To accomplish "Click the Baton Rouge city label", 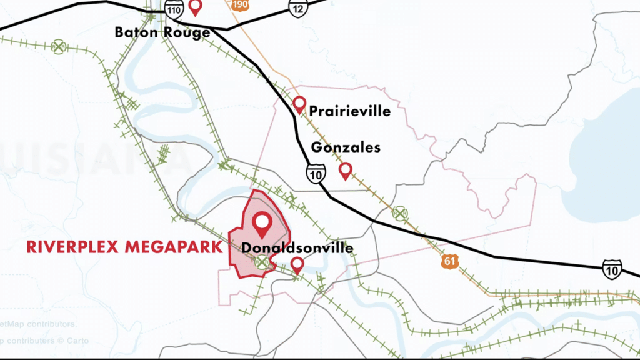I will point(162,32).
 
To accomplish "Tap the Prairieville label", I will point(350,111).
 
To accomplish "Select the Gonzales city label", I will point(346,148).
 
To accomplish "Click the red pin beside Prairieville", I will point(299,104).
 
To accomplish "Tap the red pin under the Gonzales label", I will point(345,171).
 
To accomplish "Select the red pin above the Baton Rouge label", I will point(196,7).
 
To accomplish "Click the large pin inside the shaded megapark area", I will point(261,223).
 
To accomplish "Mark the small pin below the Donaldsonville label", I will point(297,265).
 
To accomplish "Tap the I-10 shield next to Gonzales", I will point(316,174).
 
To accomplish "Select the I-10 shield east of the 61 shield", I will point(612,269).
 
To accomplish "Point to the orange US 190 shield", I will point(239,4).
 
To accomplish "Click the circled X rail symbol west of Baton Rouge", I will point(59,45).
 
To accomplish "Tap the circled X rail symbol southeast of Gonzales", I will point(399,214).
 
